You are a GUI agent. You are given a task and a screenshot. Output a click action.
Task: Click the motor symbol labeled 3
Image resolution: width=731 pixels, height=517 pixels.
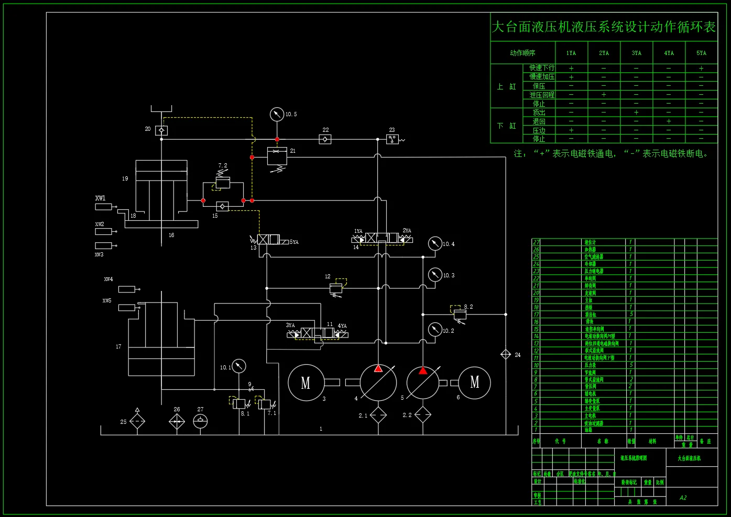(306, 383)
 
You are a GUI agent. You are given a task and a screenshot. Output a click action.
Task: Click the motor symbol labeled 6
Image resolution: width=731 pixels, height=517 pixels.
(474, 383)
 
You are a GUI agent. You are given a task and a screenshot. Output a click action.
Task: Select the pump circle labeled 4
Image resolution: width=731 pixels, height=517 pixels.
(378, 383)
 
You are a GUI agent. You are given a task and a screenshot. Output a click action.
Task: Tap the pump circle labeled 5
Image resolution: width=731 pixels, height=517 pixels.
(423, 383)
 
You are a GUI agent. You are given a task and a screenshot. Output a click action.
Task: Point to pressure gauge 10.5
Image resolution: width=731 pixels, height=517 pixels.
(277, 114)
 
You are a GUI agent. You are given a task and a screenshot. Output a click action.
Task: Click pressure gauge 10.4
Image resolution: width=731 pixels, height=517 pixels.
(435, 243)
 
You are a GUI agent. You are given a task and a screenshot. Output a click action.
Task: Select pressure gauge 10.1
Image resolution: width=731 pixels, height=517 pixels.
(238, 366)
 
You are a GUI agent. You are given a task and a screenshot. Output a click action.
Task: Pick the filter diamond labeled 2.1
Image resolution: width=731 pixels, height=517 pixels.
(378, 415)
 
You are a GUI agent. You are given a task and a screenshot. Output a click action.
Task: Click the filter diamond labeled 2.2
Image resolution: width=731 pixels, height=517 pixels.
(423, 415)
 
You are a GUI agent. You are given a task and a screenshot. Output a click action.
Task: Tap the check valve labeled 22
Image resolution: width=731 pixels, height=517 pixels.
(325, 139)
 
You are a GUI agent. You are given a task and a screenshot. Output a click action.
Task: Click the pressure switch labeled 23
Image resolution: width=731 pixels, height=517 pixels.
(392, 139)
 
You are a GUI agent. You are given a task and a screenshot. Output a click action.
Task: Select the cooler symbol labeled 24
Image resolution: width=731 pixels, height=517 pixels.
(506, 354)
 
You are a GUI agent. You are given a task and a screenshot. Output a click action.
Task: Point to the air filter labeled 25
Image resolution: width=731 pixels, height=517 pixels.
(137, 421)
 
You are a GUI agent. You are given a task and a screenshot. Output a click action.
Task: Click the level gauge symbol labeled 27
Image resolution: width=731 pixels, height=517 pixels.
(200, 421)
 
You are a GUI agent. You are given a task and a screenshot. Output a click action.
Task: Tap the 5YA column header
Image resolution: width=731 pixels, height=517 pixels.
(701, 53)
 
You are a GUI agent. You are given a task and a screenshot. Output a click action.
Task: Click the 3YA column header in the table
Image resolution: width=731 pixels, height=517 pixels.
(636, 53)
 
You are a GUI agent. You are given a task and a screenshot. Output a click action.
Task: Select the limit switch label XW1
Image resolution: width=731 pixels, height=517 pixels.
(100, 198)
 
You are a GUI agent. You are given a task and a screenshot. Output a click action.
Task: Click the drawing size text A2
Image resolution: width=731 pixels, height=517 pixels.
(683, 498)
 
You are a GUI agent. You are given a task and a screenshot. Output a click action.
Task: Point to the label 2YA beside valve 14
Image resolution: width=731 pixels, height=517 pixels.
(407, 231)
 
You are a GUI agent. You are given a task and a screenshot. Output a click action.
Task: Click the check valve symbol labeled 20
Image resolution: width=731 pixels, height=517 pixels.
(161, 130)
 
